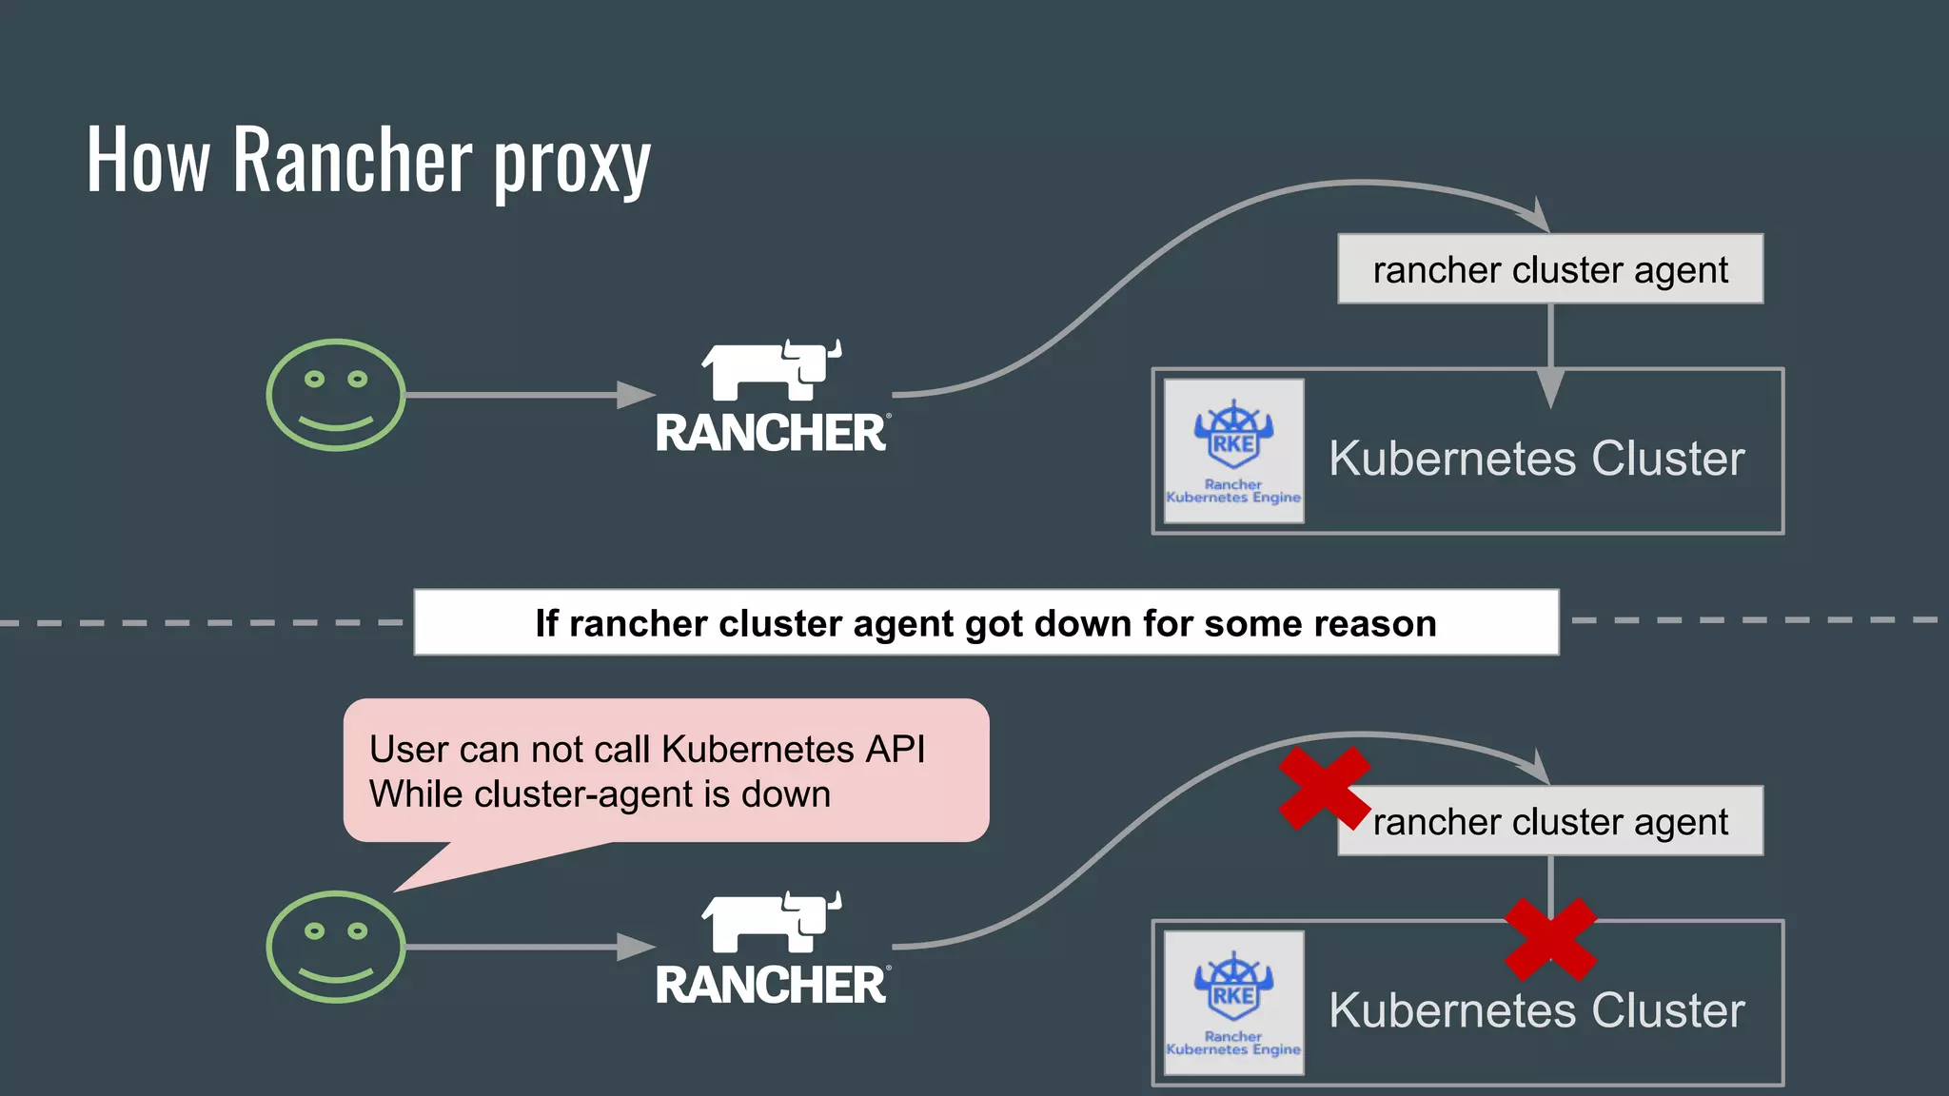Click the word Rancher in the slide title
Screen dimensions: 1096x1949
click(352, 159)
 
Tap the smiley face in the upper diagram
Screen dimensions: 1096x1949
click(335, 394)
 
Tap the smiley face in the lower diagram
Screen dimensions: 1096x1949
click(335, 946)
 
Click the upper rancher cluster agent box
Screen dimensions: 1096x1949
click(1549, 269)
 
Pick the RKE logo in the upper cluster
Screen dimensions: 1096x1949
click(1233, 451)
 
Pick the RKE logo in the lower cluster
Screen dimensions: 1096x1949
click(1233, 1003)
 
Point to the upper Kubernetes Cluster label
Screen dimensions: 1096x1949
click(1536, 459)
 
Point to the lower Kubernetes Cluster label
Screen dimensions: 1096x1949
click(1536, 1010)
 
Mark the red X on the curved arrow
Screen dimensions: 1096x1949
click(1323, 788)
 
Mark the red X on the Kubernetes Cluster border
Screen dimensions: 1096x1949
click(1549, 939)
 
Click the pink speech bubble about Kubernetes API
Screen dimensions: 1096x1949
click(666, 771)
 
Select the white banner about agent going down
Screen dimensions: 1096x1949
click(986, 623)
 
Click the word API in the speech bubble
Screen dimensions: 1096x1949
click(895, 750)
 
